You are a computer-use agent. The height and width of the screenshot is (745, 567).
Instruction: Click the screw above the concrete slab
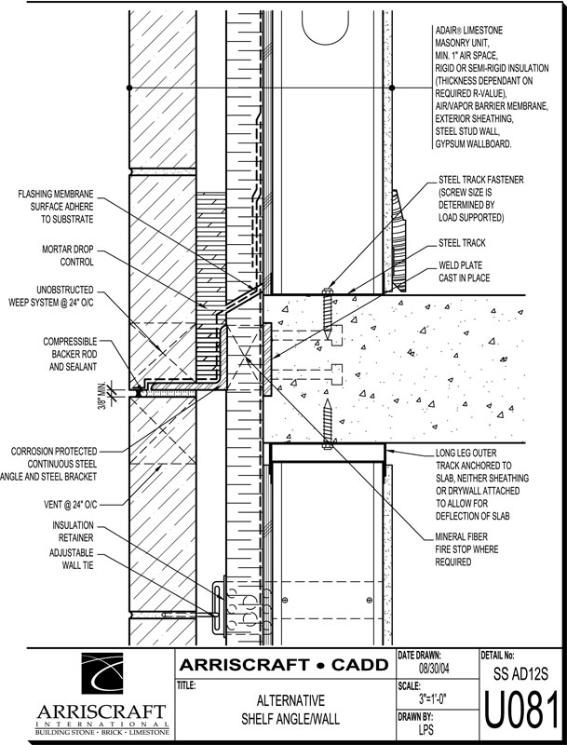coord(325,308)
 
